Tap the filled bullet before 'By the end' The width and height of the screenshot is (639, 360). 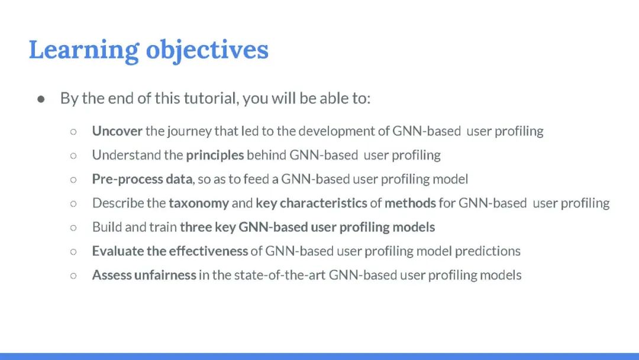41,99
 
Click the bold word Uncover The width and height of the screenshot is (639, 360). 117,131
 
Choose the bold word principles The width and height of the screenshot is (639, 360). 215,155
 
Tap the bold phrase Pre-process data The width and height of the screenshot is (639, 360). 142,179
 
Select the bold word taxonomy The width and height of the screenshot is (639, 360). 199,204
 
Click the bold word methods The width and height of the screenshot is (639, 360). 411,203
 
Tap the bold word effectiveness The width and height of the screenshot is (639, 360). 208,251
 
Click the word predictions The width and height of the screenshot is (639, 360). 488,251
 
